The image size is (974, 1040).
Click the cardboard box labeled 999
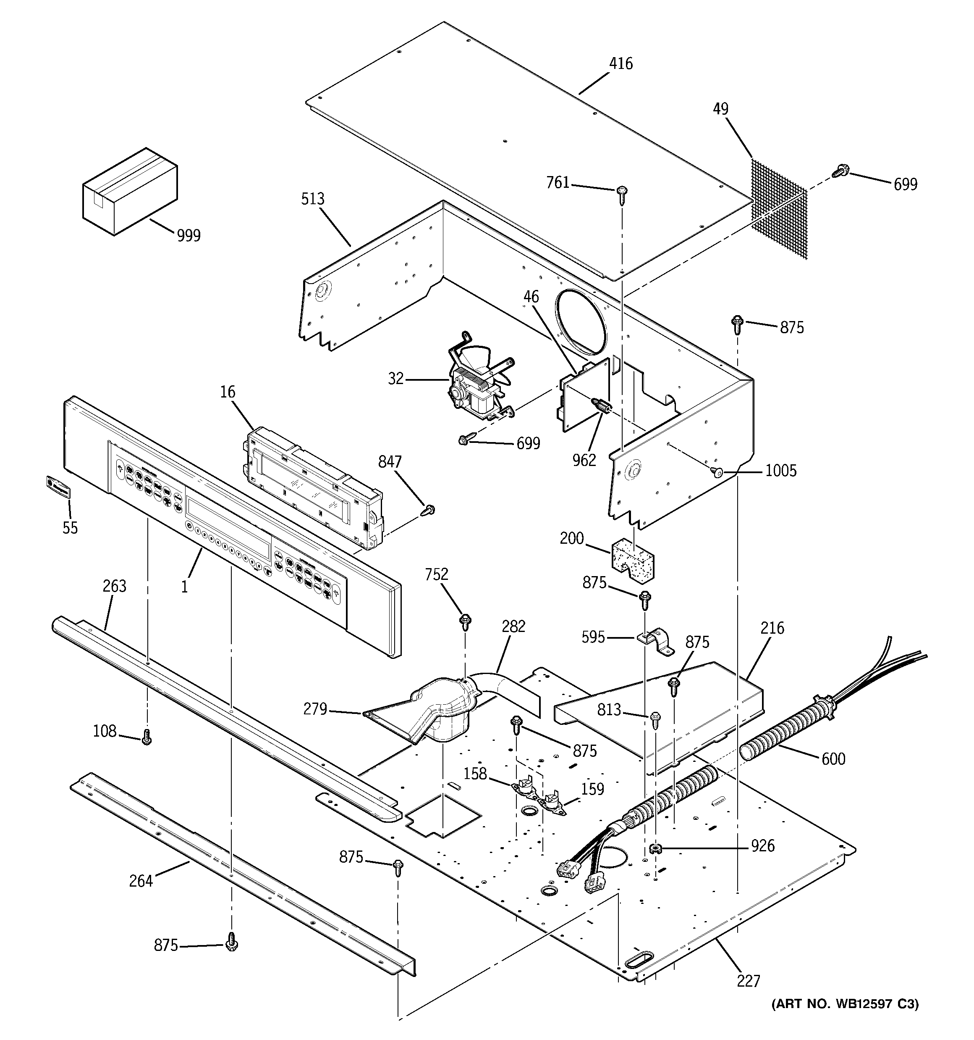pos(129,191)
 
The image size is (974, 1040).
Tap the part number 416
pos(621,64)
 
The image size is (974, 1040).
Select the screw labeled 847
pos(429,509)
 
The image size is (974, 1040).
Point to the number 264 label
pos(141,881)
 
